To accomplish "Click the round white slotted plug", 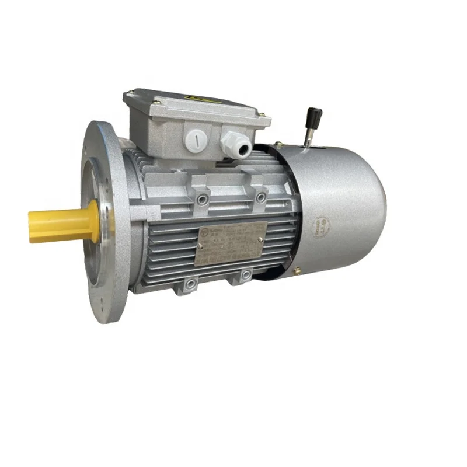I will tap(196, 140).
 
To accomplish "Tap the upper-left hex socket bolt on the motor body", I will tap(203, 200).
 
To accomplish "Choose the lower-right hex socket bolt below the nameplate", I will tap(245, 274).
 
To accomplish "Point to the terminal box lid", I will tap(193, 105).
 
